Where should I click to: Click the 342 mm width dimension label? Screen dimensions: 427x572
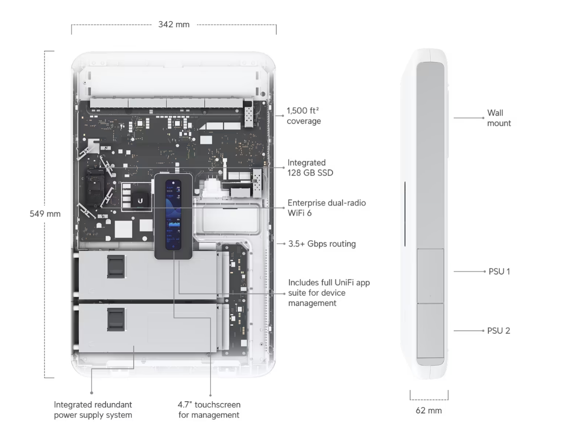pos(174,24)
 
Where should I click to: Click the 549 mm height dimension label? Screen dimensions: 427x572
pos(45,214)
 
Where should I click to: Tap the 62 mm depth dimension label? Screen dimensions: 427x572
pos(428,411)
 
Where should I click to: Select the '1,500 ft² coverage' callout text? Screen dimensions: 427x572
pos(304,116)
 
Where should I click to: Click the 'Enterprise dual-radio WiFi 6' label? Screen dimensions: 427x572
pos(326,208)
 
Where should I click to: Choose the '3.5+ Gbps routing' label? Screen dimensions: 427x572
pos(322,244)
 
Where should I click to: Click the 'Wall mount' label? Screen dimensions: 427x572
pos(499,118)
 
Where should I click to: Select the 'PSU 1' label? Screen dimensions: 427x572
pos(498,271)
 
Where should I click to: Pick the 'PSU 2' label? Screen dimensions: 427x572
pos(498,330)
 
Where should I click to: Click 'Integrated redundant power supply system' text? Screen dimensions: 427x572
pos(93,410)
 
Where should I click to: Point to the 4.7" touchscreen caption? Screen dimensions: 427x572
pos(209,410)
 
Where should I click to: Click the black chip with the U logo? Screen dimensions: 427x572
pos(140,200)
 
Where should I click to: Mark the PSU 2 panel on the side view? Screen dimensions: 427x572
pos(430,330)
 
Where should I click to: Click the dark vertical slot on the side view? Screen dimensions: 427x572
pos(405,215)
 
